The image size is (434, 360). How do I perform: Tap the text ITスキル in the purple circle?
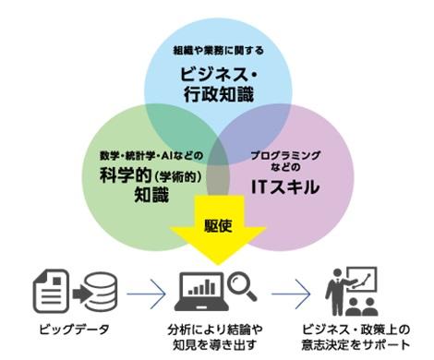pyautogui.click(x=288, y=186)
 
